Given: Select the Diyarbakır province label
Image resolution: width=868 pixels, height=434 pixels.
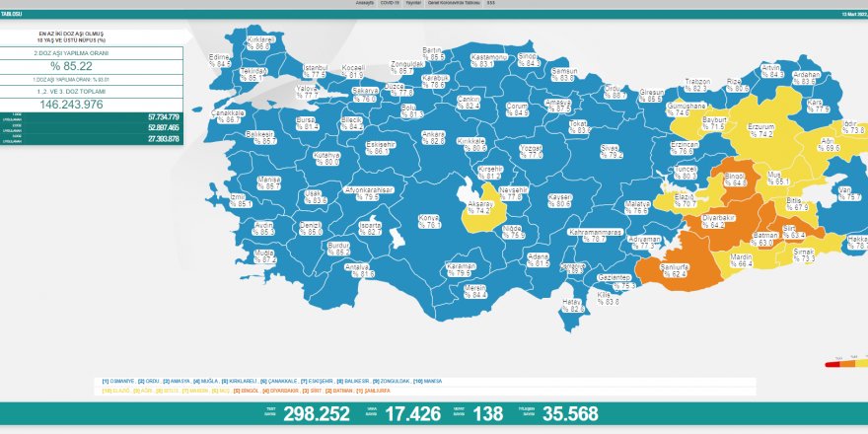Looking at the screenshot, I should (720, 219).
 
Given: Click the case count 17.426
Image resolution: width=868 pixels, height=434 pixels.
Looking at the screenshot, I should (399, 414).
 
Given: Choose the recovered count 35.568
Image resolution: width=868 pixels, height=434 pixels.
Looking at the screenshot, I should (542, 414).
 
